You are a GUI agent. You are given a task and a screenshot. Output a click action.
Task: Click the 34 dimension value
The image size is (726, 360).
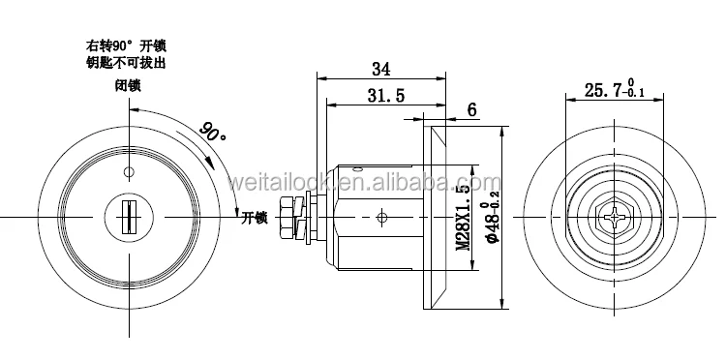381,69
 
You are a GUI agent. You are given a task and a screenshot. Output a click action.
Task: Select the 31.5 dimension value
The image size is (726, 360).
385,95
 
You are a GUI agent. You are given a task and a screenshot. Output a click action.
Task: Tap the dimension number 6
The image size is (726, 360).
471,109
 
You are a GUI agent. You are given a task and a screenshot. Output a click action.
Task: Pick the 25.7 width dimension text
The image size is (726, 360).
615,89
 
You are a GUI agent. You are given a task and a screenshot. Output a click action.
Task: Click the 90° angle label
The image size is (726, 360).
213,133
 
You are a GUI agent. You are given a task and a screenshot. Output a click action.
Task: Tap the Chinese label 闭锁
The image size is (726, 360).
128,86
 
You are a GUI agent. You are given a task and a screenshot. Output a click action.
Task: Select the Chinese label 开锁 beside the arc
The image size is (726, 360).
255,218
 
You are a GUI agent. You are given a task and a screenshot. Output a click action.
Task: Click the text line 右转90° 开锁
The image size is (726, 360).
126,45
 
